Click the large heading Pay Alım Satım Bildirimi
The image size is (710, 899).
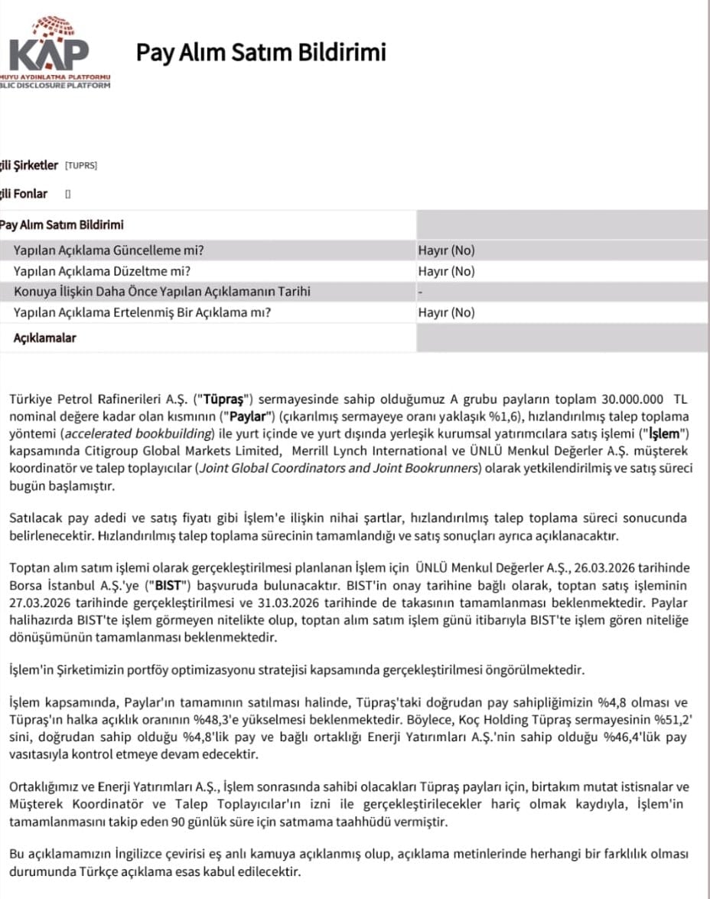click(261, 52)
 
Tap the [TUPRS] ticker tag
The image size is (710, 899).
click(81, 165)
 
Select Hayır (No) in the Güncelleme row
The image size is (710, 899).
click(446, 250)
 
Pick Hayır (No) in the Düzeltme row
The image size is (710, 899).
click(446, 271)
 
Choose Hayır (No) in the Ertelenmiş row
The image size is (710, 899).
click(446, 312)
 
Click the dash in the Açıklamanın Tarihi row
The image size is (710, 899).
click(420, 292)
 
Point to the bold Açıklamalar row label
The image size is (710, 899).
click(45, 338)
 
